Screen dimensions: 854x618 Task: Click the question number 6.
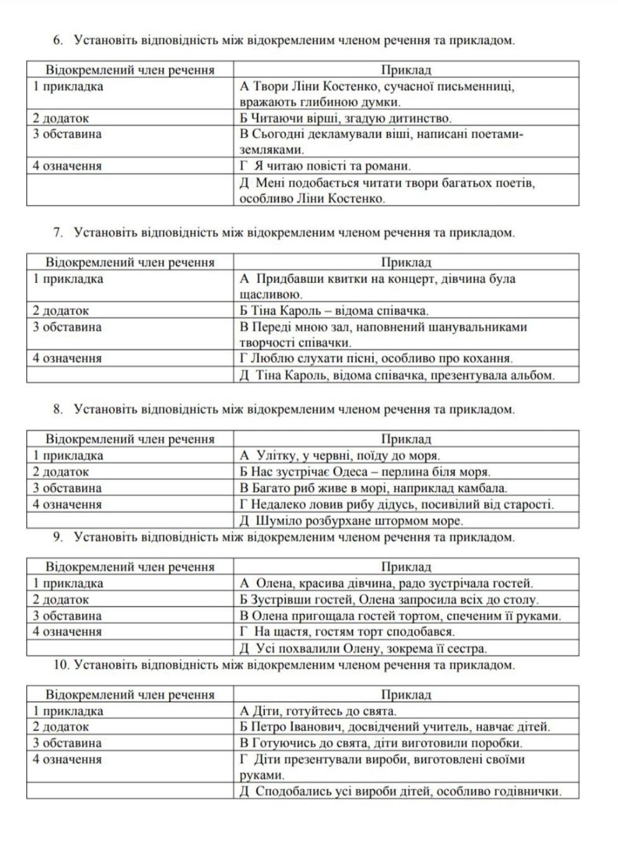point(58,41)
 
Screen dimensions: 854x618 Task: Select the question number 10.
point(61,665)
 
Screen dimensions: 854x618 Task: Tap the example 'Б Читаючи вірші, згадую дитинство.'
point(345,118)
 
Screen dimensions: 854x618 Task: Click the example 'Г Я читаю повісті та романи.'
point(325,166)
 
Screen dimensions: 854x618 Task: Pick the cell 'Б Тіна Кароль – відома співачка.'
point(334,310)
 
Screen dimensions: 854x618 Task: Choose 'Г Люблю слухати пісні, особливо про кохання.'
point(376,358)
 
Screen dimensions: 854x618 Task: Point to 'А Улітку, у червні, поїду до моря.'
point(339,456)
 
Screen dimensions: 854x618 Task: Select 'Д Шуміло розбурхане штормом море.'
point(351,521)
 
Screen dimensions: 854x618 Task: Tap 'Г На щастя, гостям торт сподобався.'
point(347,632)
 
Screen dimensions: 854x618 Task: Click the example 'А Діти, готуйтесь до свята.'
point(318,711)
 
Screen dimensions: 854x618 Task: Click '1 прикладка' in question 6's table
point(68,86)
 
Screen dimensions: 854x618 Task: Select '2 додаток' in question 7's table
point(61,310)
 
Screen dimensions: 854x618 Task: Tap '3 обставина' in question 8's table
point(67,488)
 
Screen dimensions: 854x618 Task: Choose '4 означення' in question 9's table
point(67,632)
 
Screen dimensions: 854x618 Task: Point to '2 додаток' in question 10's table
point(61,726)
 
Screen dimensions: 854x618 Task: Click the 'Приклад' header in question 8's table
point(406,439)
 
